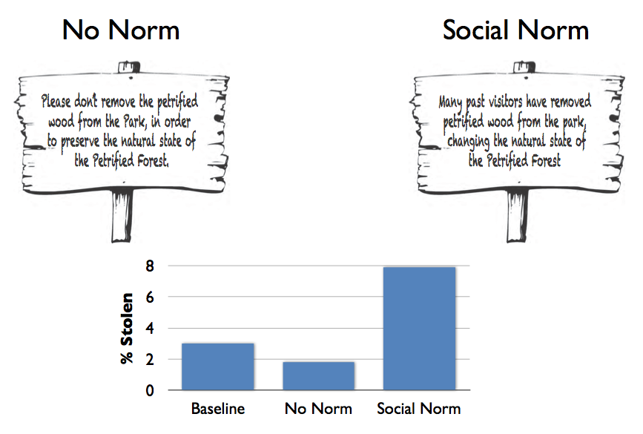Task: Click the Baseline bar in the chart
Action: click(x=218, y=366)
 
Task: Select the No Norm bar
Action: click(x=318, y=376)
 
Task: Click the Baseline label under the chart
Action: click(x=218, y=409)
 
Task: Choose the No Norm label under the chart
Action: click(x=318, y=409)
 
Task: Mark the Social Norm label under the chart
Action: click(x=419, y=409)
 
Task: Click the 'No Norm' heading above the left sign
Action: click(x=121, y=30)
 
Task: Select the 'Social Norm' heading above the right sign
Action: click(x=515, y=30)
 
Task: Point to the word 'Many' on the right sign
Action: click(x=452, y=102)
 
